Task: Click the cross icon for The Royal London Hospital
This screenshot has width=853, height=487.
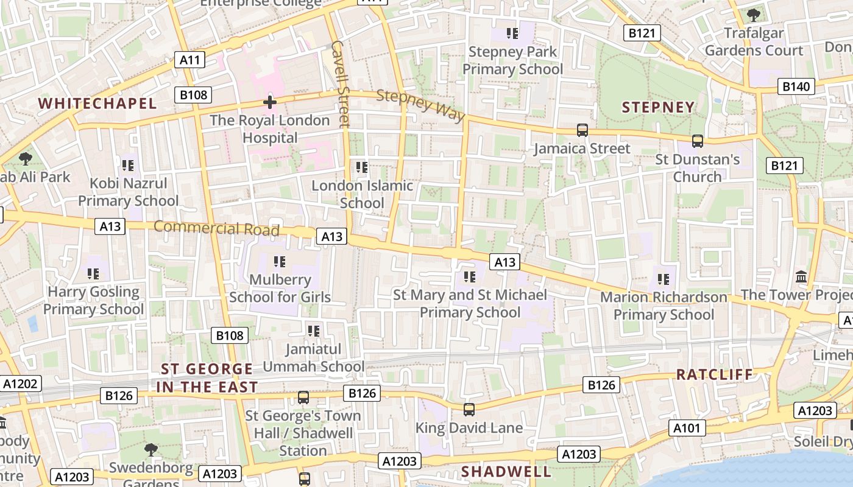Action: click(x=269, y=102)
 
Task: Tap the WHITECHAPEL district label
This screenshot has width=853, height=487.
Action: click(x=97, y=103)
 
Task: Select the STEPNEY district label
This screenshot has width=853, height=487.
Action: click(x=658, y=108)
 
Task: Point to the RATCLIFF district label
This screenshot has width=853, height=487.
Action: click(x=715, y=374)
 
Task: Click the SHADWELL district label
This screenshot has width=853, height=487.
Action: click(x=506, y=472)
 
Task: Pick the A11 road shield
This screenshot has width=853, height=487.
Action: click(x=190, y=60)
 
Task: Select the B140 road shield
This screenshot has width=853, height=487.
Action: click(x=796, y=86)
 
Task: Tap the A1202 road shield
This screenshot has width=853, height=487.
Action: click(x=21, y=384)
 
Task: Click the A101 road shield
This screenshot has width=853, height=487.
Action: click(x=687, y=428)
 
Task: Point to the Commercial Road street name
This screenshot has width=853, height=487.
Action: click(x=216, y=228)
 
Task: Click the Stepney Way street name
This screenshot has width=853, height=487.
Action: click(x=420, y=105)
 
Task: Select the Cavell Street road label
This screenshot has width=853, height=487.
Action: click(x=340, y=83)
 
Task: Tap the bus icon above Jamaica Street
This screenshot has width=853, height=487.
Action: click(x=582, y=130)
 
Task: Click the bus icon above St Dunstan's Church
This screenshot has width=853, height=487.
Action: click(x=698, y=141)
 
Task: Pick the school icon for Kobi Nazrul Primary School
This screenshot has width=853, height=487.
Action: click(x=128, y=165)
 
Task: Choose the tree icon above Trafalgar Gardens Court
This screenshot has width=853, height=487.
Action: click(x=754, y=15)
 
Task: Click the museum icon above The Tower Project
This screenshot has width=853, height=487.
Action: click(x=801, y=276)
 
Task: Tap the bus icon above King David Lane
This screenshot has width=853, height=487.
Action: click(x=469, y=410)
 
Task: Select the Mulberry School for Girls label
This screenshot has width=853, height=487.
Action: click(x=280, y=289)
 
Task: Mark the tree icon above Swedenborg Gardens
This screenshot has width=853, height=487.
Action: click(x=151, y=450)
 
